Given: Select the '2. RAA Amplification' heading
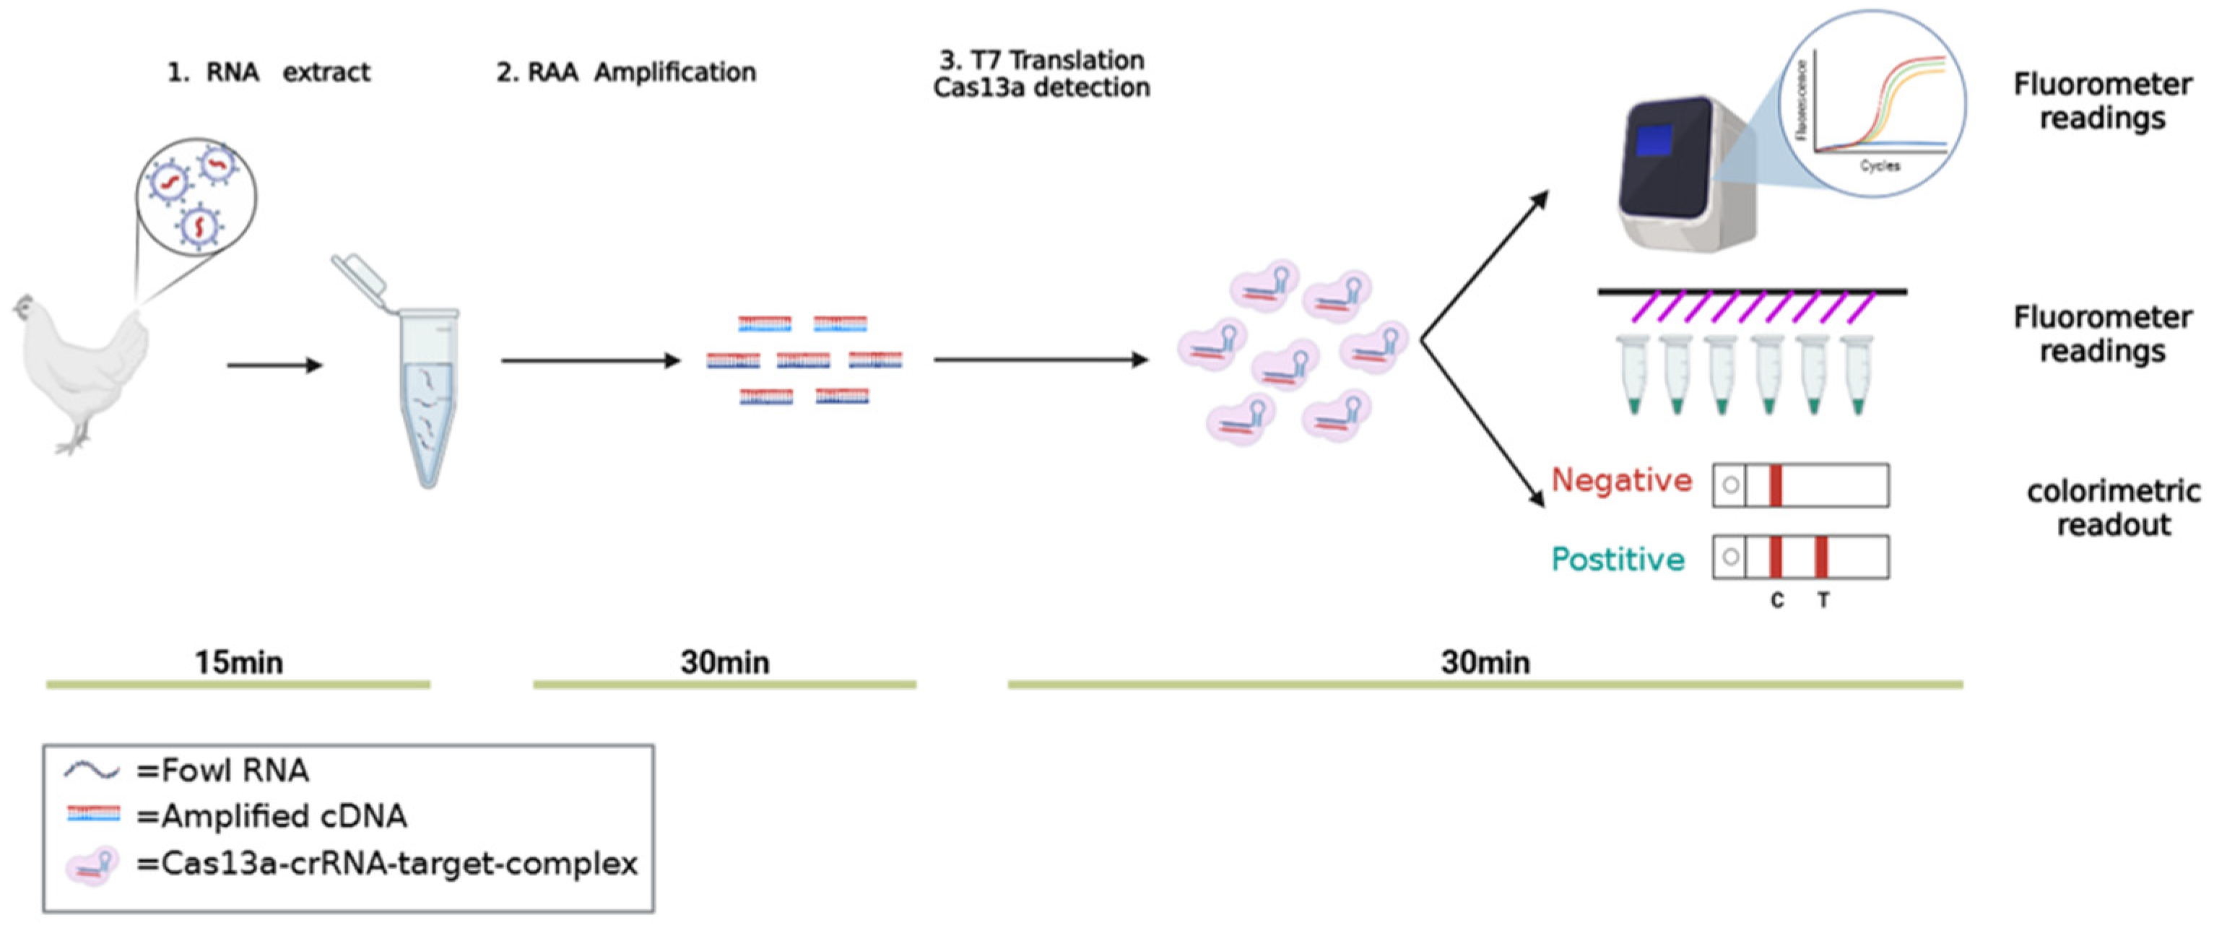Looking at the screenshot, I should [625, 72].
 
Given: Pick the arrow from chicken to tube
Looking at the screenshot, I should [274, 365].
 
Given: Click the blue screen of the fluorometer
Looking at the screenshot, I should [1653, 141].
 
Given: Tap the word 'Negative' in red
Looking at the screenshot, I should [1621, 480].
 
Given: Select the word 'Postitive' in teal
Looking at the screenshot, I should [1618, 560].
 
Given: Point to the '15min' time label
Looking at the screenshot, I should [238, 662].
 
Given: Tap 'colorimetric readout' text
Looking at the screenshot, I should [2114, 508].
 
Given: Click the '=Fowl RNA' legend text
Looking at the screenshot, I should [222, 771].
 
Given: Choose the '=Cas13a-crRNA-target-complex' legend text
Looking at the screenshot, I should [387, 863].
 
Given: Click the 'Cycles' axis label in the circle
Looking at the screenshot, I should [1880, 166].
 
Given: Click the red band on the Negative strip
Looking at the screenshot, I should [1776, 485].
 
